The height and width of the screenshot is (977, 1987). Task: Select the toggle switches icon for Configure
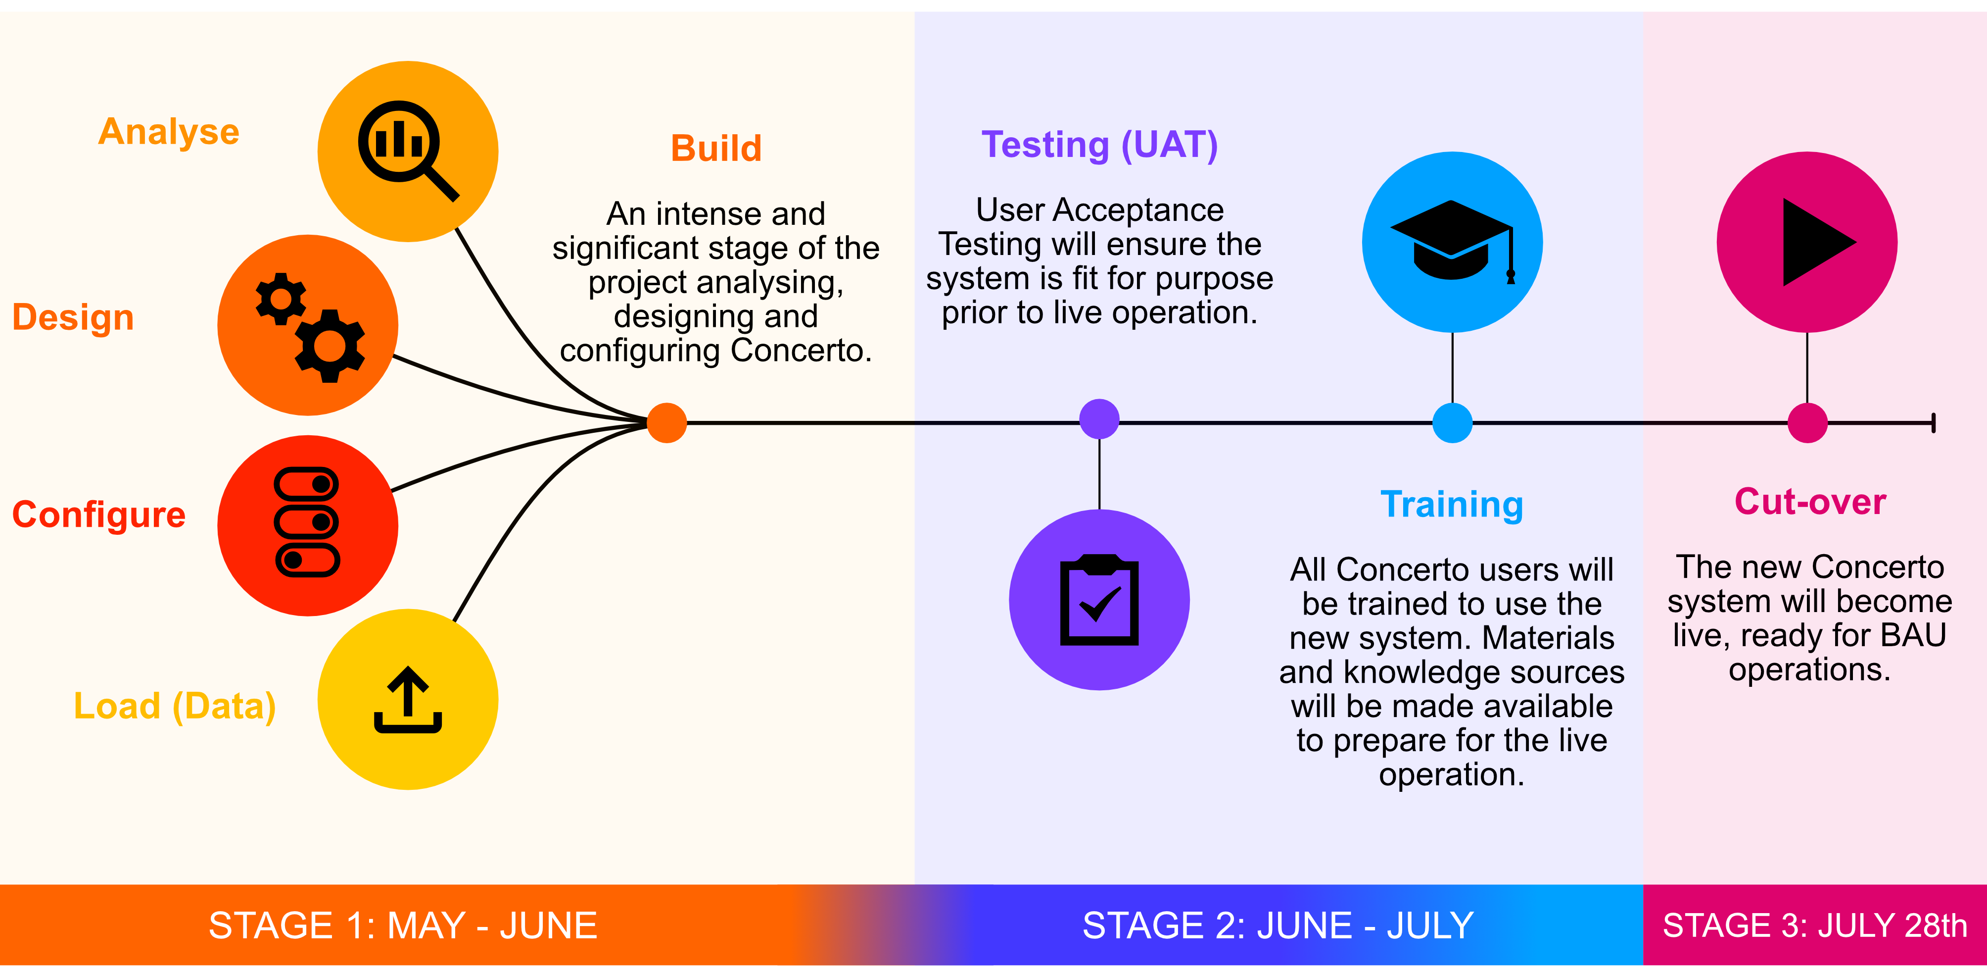click(307, 522)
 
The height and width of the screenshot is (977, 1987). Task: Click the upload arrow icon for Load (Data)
click(408, 699)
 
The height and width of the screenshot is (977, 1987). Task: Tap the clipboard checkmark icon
click(1099, 600)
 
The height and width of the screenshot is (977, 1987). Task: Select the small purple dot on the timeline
click(1099, 419)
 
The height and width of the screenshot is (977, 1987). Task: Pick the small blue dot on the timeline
click(1453, 423)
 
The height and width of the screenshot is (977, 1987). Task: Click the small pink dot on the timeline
click(1807, 423)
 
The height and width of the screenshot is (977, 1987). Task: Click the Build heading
click(716, 148)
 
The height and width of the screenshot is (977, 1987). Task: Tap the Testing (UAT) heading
click(1099, 145)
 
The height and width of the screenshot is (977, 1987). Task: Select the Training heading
click(1452, 505)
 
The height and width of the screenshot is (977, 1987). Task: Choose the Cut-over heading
click(1809, 502)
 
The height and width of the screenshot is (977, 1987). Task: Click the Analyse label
click(169, 132)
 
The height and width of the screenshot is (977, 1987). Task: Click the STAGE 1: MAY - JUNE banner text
click(403, 926)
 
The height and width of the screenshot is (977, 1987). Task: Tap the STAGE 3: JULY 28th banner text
click(1814, 926)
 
